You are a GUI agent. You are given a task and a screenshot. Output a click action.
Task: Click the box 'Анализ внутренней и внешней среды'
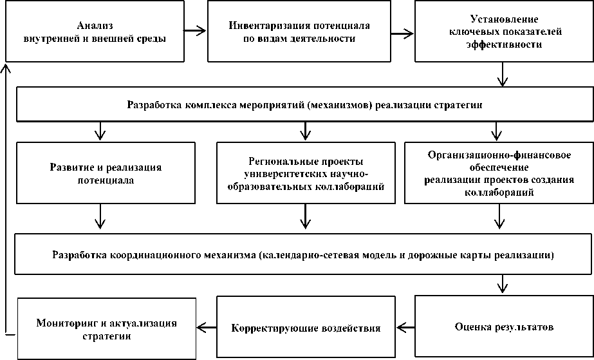[95, 32]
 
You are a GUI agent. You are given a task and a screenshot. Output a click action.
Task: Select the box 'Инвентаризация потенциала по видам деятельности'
[299, 32]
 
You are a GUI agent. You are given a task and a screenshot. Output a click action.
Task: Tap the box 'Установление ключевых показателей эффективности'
[503, 32]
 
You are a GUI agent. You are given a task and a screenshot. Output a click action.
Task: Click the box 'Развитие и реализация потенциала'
[106, 173]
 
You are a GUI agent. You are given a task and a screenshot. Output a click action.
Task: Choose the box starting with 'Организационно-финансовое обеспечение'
[499, 173]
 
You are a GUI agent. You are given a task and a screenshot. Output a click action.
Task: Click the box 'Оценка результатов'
[503, 327]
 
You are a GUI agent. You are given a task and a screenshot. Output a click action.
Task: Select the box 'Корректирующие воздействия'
[306, 327]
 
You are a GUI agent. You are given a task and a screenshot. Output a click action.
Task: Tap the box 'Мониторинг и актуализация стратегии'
[106, 327]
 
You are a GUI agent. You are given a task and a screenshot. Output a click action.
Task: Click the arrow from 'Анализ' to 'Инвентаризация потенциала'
[195, 30]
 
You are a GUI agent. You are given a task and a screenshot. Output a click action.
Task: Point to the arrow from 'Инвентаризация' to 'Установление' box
[401, 30]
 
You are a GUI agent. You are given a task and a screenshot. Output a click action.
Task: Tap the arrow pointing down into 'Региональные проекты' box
[306, 131]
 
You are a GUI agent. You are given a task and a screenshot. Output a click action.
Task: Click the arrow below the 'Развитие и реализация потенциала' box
[100, 217]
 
